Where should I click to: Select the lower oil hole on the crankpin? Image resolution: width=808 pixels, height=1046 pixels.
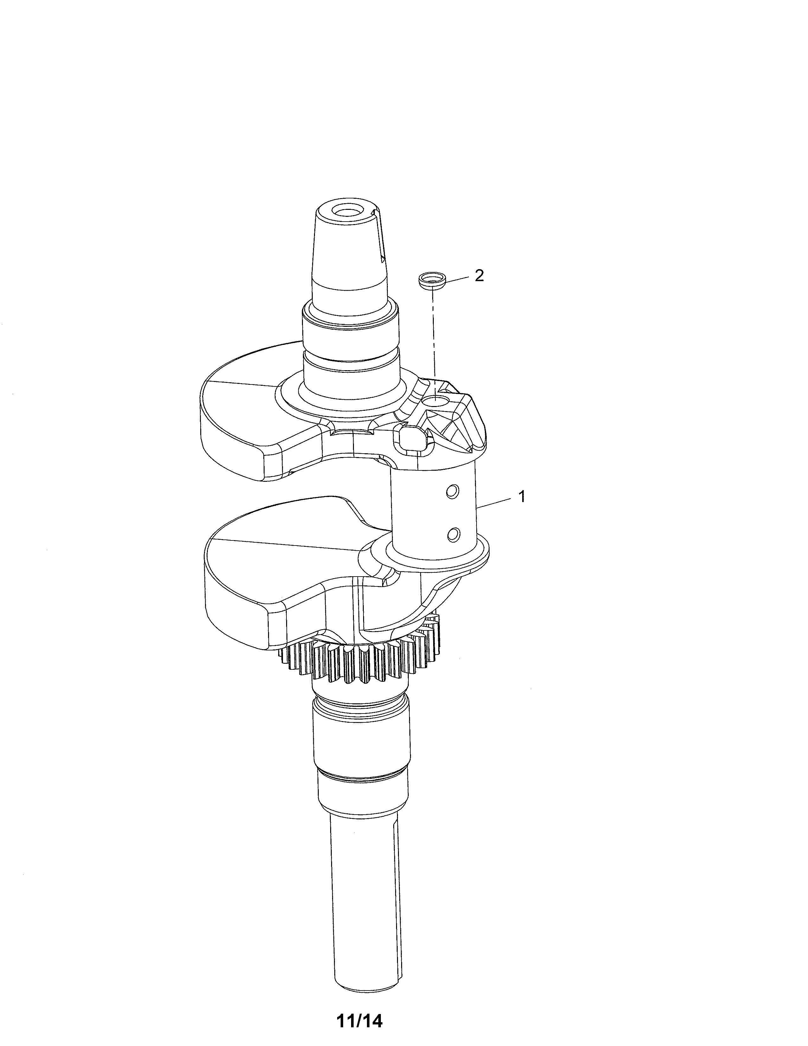click(453, 533)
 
